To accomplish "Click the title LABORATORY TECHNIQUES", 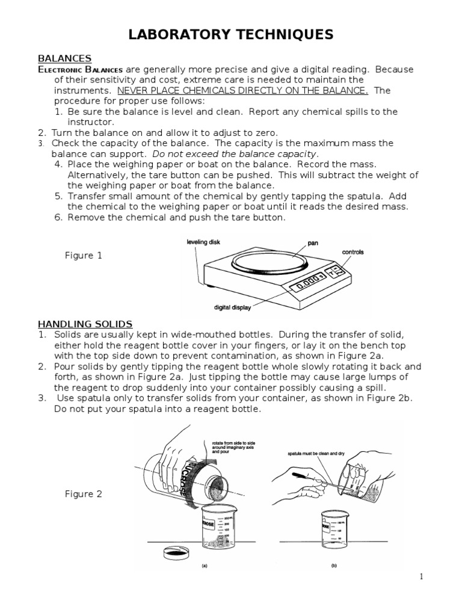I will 230,35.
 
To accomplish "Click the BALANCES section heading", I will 64,58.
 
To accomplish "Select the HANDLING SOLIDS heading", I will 85,324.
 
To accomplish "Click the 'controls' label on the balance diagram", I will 353,252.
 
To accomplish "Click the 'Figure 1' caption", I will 83,256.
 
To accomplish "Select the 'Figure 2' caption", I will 83,494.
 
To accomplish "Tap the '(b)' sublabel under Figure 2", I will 333,565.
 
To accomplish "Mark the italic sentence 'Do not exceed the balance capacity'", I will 235,153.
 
